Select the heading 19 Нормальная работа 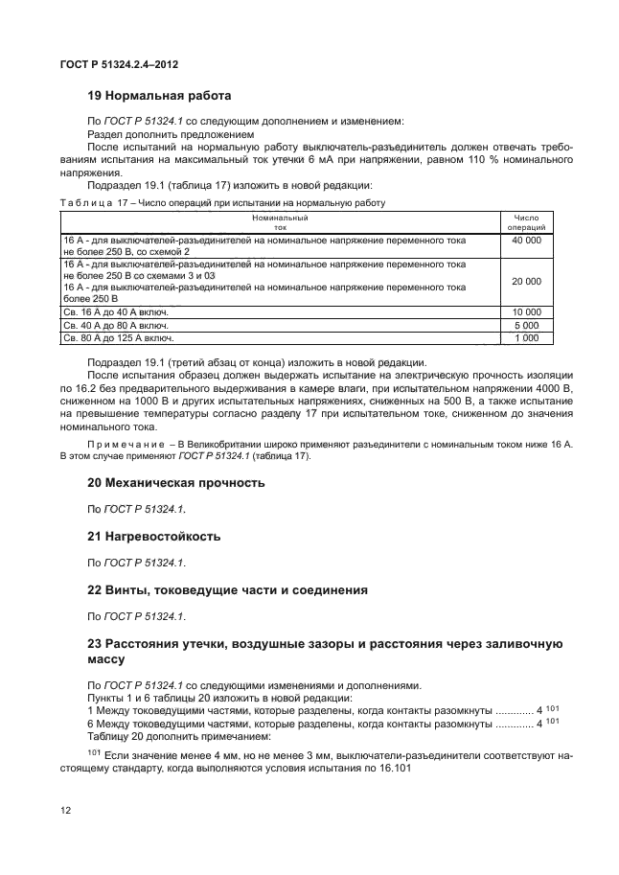[x=159, y=96]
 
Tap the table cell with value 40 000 [x=526, y=243]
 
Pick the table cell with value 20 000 [x=526, y=281]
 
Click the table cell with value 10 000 [x=526, y=312]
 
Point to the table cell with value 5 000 [x=526, y=325]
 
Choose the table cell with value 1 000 [x=526, y=338]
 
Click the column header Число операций [x=526, y=223]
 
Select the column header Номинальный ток [x=280, y=223]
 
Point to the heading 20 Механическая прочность [x=176, y=482]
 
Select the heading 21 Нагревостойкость [x=154, y=536]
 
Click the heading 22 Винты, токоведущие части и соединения [x=228, y=588]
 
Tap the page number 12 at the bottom [x=65, y=811]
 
